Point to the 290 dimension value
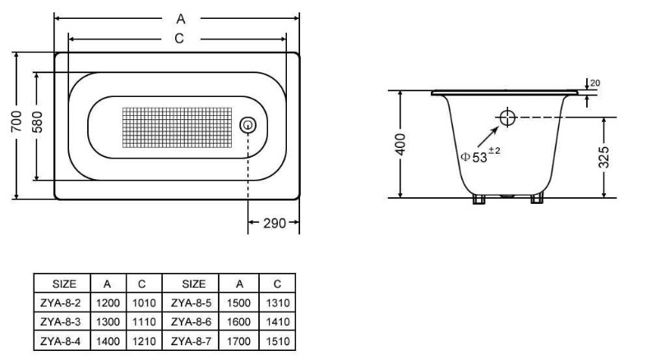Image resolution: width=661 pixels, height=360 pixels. coord(274,224)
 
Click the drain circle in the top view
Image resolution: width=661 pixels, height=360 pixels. coord(247,125)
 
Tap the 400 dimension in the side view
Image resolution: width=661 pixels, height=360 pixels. coord(400,145)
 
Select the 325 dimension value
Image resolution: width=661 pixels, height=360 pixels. coord(604,158)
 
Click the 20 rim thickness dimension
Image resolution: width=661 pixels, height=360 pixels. coord(595,84)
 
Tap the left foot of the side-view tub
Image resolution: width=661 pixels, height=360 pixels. coord(479,198)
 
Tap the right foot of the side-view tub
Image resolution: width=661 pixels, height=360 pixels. coord(538,198)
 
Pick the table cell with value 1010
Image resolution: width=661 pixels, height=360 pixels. coord(142,303)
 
